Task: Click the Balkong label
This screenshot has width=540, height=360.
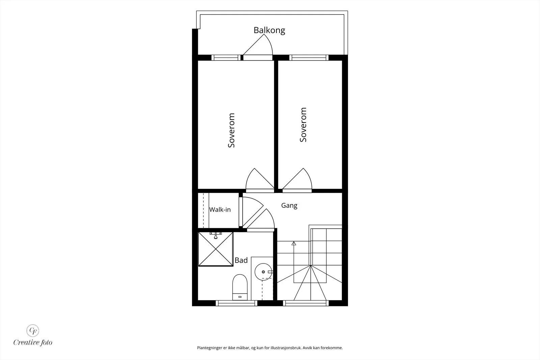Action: click(269, 30)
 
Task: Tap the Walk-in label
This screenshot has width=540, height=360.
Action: click(220, 210)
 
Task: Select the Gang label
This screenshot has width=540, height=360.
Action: click(289, 205)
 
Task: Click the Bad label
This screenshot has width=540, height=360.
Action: click(241, 260)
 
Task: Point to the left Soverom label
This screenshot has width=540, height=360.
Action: click(232, 130)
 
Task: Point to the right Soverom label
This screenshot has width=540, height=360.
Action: click(303, 125)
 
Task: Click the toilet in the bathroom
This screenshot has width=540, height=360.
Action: click(240, 287)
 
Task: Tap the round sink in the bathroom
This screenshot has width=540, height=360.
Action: click(263, 272)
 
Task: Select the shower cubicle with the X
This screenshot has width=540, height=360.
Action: click(216, 249)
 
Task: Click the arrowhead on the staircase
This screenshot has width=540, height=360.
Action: click(294, 243)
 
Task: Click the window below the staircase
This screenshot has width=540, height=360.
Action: click(306, 303)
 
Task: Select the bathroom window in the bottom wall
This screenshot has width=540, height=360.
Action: click(237, 303)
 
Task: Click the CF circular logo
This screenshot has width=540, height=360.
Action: click(33, 331)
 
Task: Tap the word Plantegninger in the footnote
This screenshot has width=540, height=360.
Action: click(210, 348)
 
